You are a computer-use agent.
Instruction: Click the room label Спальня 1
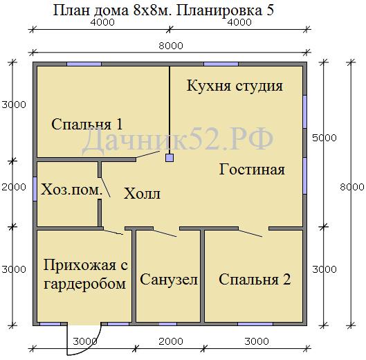click(x=87, y=124)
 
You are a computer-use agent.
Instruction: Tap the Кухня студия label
click(x=235, y=86)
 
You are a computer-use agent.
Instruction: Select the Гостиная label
click(x=252, y=169)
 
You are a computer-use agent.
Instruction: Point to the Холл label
click(x=142, y=193)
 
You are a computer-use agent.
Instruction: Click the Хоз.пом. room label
click(x=72, y=190)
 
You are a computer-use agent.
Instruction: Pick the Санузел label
click(x=169, y=279)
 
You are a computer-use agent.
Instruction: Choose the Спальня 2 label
click(x=255, y=279)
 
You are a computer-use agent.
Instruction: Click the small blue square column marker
click(x=170, y=158)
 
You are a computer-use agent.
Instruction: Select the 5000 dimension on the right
click(x=324, y=138)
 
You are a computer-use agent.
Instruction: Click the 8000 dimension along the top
click(x=171, y=46)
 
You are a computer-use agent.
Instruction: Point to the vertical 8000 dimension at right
click(x=351, y=187)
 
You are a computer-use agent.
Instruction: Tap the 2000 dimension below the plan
click(x=171, y=341)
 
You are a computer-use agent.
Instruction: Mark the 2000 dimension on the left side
click(x=14, y=187)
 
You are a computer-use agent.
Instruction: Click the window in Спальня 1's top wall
click(x=84, y=64)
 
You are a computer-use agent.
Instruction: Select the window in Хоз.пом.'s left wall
click(x=35, y=189)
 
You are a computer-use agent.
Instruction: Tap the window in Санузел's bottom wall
click(x=167, y=324)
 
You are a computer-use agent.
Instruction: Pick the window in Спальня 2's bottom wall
click(x=255, y=324)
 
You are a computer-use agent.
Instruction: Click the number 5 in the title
click(x=270, y=10)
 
